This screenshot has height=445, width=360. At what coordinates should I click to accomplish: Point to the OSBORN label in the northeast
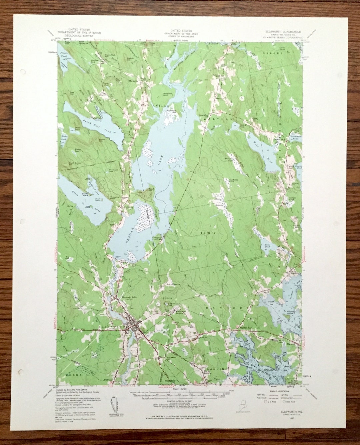[270, 53]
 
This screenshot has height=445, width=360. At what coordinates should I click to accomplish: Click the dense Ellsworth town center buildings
[135, 329]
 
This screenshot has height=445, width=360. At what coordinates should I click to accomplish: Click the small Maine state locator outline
[244, 401]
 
